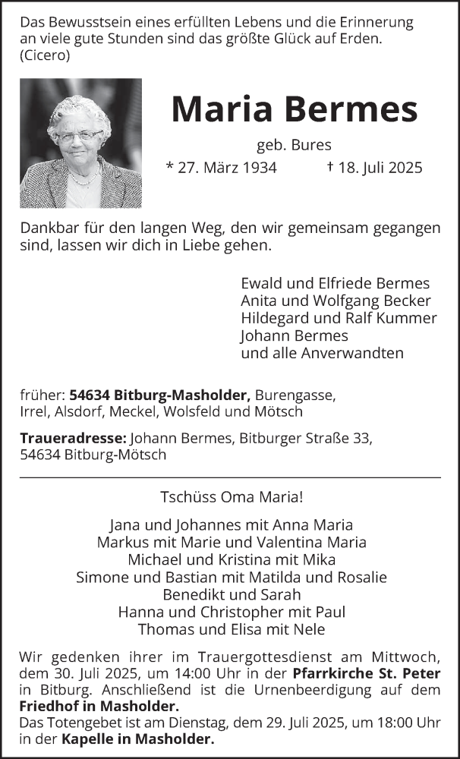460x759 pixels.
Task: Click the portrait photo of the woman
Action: coord(80,143)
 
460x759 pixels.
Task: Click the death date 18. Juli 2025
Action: coord(380,167)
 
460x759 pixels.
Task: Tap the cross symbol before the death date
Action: coord(330,166)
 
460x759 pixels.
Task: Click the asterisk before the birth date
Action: coord(169,165)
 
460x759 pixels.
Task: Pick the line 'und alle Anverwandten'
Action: coord(322,353)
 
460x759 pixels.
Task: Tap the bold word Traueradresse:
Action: coord(73,438)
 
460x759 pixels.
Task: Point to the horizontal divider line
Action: coord(230,477)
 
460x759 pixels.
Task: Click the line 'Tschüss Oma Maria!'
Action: coord(232,499)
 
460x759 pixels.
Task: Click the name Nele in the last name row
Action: coord(309,629)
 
